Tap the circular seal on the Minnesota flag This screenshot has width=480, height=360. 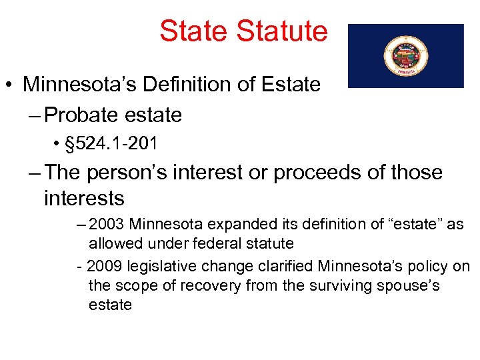(406, 56)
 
